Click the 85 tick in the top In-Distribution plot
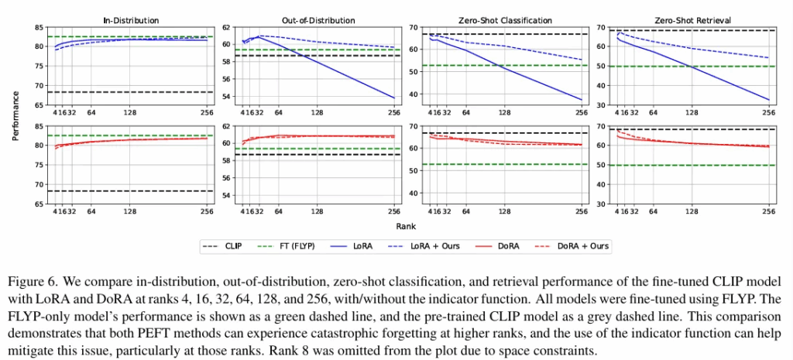(38, 27)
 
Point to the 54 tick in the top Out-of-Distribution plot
(228, 97)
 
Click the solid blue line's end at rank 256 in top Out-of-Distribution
(393, 98)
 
